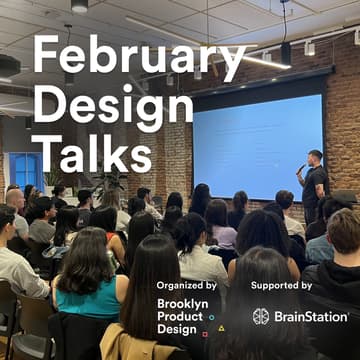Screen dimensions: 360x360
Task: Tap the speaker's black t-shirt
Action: [x=315, y=186]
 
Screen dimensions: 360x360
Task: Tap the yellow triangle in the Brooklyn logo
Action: [x=220, y=327]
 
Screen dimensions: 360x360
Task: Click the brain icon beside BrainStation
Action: [x=261, y=316]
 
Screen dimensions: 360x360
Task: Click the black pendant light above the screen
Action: [x=285, y=50]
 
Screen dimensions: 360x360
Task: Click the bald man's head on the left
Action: [x=15, y=199]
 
